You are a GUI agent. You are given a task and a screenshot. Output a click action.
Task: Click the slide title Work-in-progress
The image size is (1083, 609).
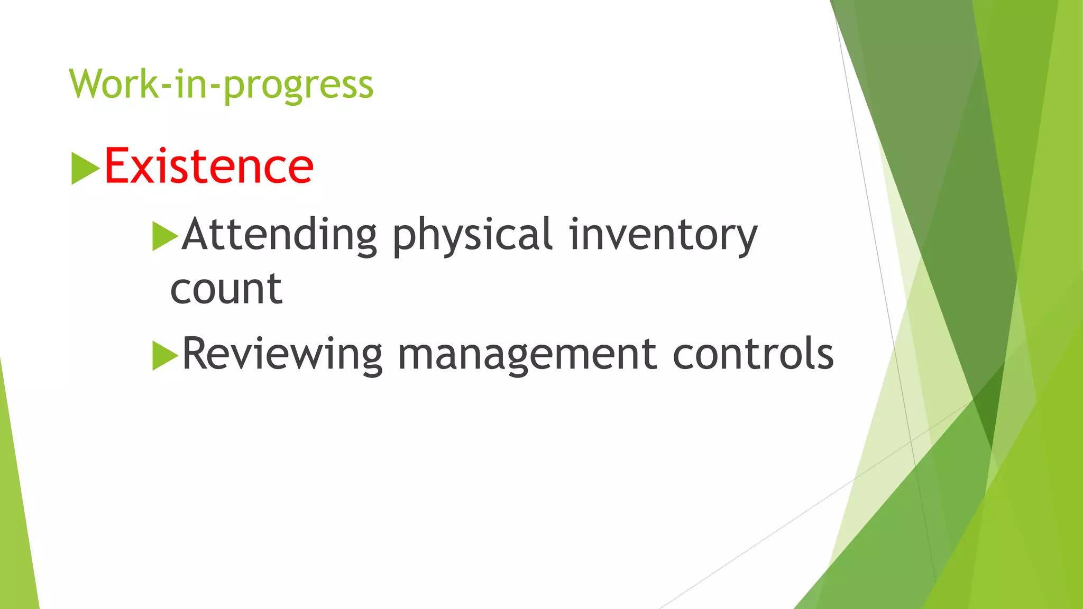coord(221,85)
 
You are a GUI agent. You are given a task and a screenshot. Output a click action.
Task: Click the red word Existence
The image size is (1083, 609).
coord(209,167)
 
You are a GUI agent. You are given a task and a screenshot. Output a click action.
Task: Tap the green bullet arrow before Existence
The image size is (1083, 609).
coord(85,169)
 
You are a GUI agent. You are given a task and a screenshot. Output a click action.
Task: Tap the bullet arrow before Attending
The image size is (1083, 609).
coord(164,236)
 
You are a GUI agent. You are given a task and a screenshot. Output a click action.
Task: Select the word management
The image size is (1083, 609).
coord(527,354)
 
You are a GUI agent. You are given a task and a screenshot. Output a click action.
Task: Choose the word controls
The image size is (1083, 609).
coord(753,353)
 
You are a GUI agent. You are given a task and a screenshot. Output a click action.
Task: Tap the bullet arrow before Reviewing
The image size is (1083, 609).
coord(164,355)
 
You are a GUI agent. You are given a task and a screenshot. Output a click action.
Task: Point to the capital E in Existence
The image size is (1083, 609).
coord(117,166)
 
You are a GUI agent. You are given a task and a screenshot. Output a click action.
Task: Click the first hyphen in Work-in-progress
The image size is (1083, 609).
coord(167,87)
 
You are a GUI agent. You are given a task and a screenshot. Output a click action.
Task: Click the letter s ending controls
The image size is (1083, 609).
coord(825,355)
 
